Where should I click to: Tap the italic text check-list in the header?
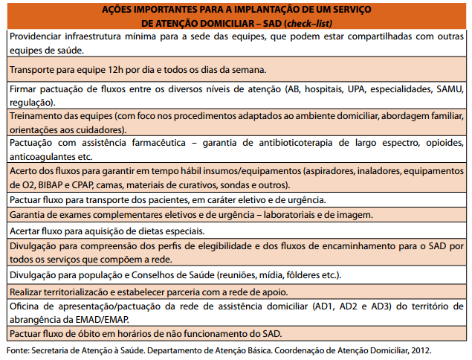332,23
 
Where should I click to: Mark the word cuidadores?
107,129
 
